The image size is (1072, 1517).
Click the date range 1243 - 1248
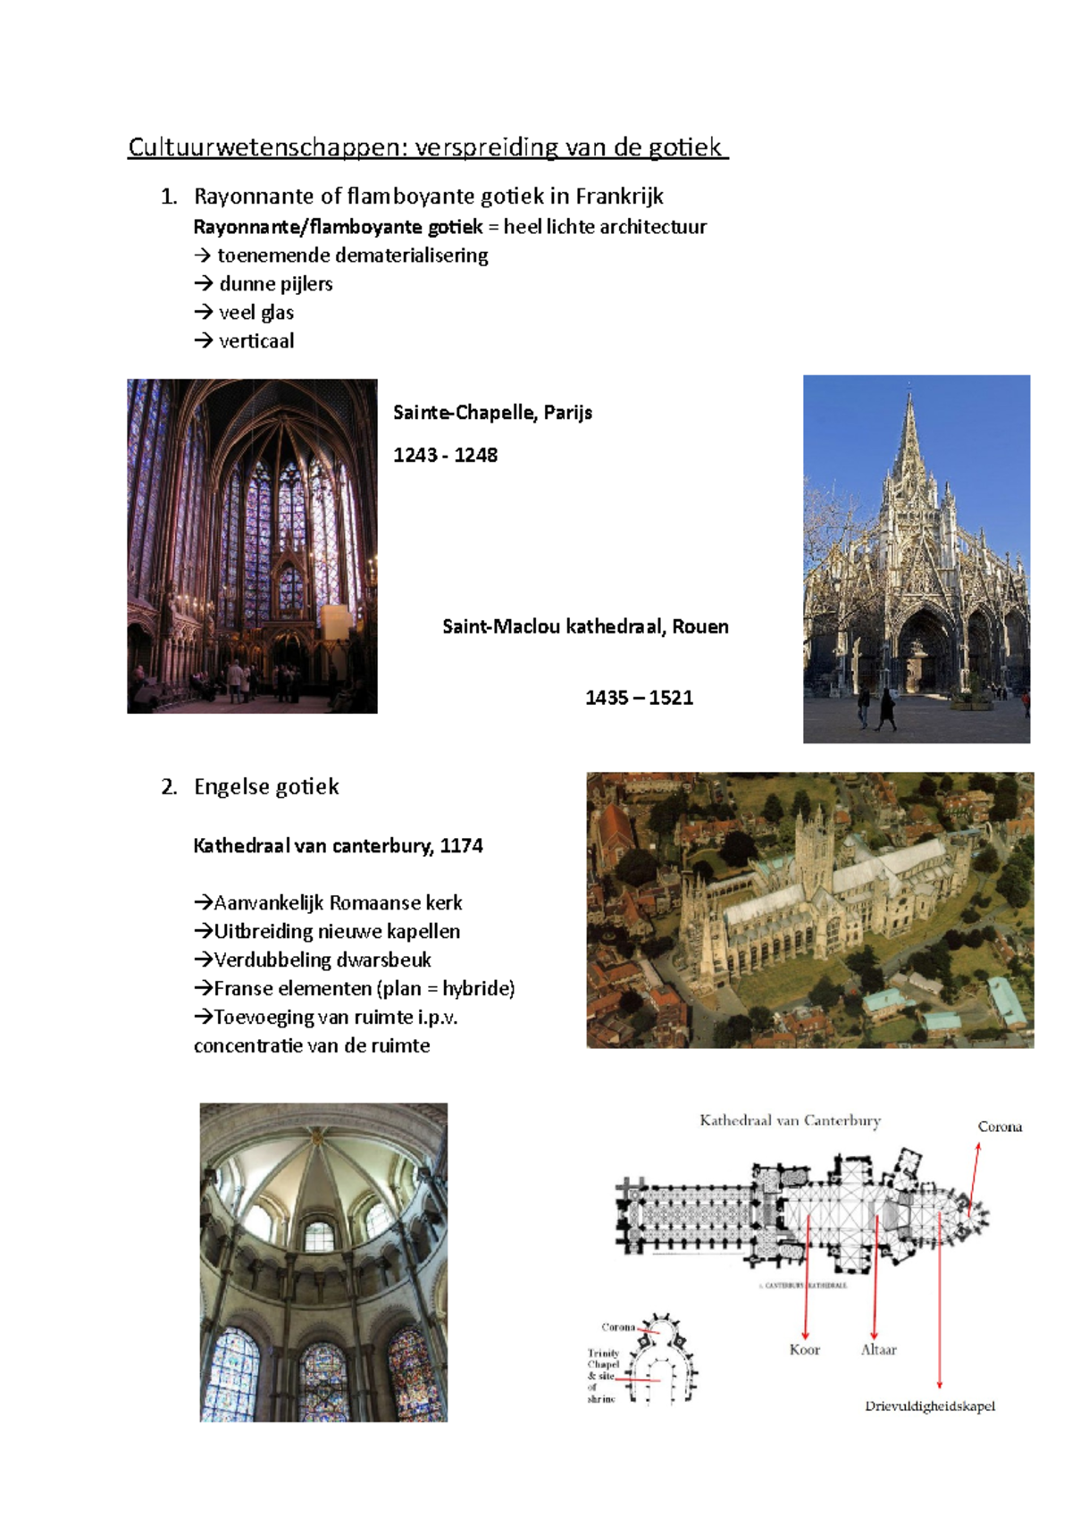[445, 456]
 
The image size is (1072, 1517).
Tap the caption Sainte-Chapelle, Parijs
[492, 413]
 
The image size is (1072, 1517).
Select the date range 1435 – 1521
[639, 699]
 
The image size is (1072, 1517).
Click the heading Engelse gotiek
[266, 787]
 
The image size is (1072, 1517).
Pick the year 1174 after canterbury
[461, 846]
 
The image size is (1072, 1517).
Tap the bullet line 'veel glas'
[255, 313]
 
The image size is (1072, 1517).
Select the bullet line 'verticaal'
[255, 341]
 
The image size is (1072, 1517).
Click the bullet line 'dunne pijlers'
[275, 284]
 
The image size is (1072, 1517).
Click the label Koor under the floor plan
[804, 1350]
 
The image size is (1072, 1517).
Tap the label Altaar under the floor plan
[878, 1350]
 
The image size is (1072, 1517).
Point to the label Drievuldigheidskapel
[929, 1406]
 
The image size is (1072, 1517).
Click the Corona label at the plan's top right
[1000, 1127]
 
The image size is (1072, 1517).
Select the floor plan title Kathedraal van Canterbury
[790, 1120]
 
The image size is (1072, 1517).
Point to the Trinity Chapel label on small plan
[603, 1359]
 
